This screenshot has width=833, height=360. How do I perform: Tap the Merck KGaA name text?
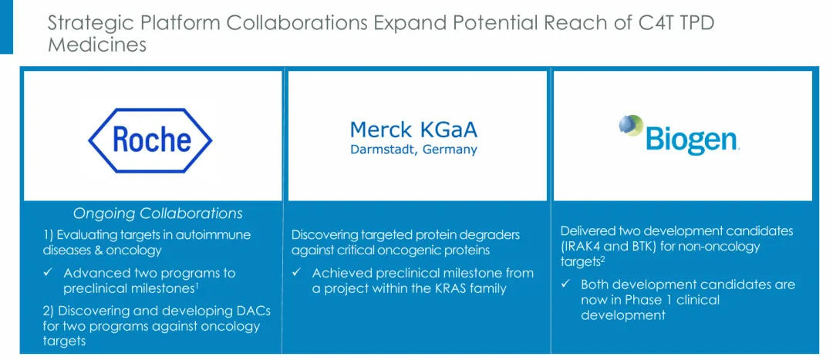click(x=414, y=129)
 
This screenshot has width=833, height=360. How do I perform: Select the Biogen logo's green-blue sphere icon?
click(x=631, y=126)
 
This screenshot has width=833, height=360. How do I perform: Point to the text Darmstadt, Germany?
click(x=414, y=150)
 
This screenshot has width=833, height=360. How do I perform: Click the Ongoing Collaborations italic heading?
click(x=158, y=214)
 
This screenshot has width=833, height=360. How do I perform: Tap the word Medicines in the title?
click(x=96, y=45)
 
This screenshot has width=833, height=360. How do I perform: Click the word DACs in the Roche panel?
click(x=253, y=310)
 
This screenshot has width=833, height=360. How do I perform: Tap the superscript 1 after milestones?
click(x=197, y=286)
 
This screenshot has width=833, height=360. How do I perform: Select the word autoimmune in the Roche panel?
click(x=218, y=234)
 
